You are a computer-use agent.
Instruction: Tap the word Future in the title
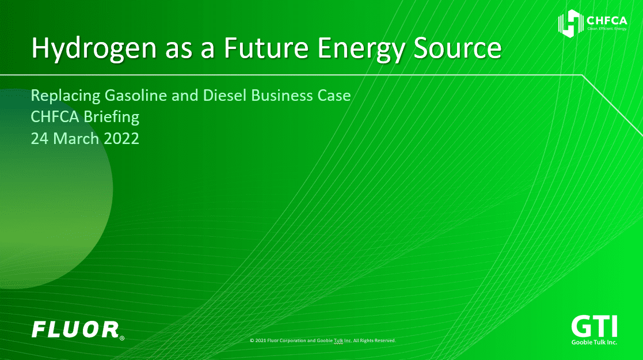[x=266, y=47]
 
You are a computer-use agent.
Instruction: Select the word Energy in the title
[x=362, y=48]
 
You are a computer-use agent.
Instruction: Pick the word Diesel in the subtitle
[x=225, y=95]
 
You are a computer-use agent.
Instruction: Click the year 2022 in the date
[x=121, y=139]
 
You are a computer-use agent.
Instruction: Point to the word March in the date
[x=77, y=139]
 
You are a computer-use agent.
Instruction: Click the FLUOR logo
[x=75, y=329]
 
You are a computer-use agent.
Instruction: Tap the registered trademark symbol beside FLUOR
[x=122, y=338]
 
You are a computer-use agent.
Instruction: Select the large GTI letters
[x=594, y=327]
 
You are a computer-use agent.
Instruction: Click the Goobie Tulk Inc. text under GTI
[x=594, y=342]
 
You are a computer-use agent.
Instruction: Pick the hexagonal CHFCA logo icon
[x=571, y=24]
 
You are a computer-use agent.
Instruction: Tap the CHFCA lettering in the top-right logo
[x=607, y=21]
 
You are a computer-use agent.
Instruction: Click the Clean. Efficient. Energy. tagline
[x=607, y=29]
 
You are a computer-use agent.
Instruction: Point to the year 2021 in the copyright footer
[x=260, y=340]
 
